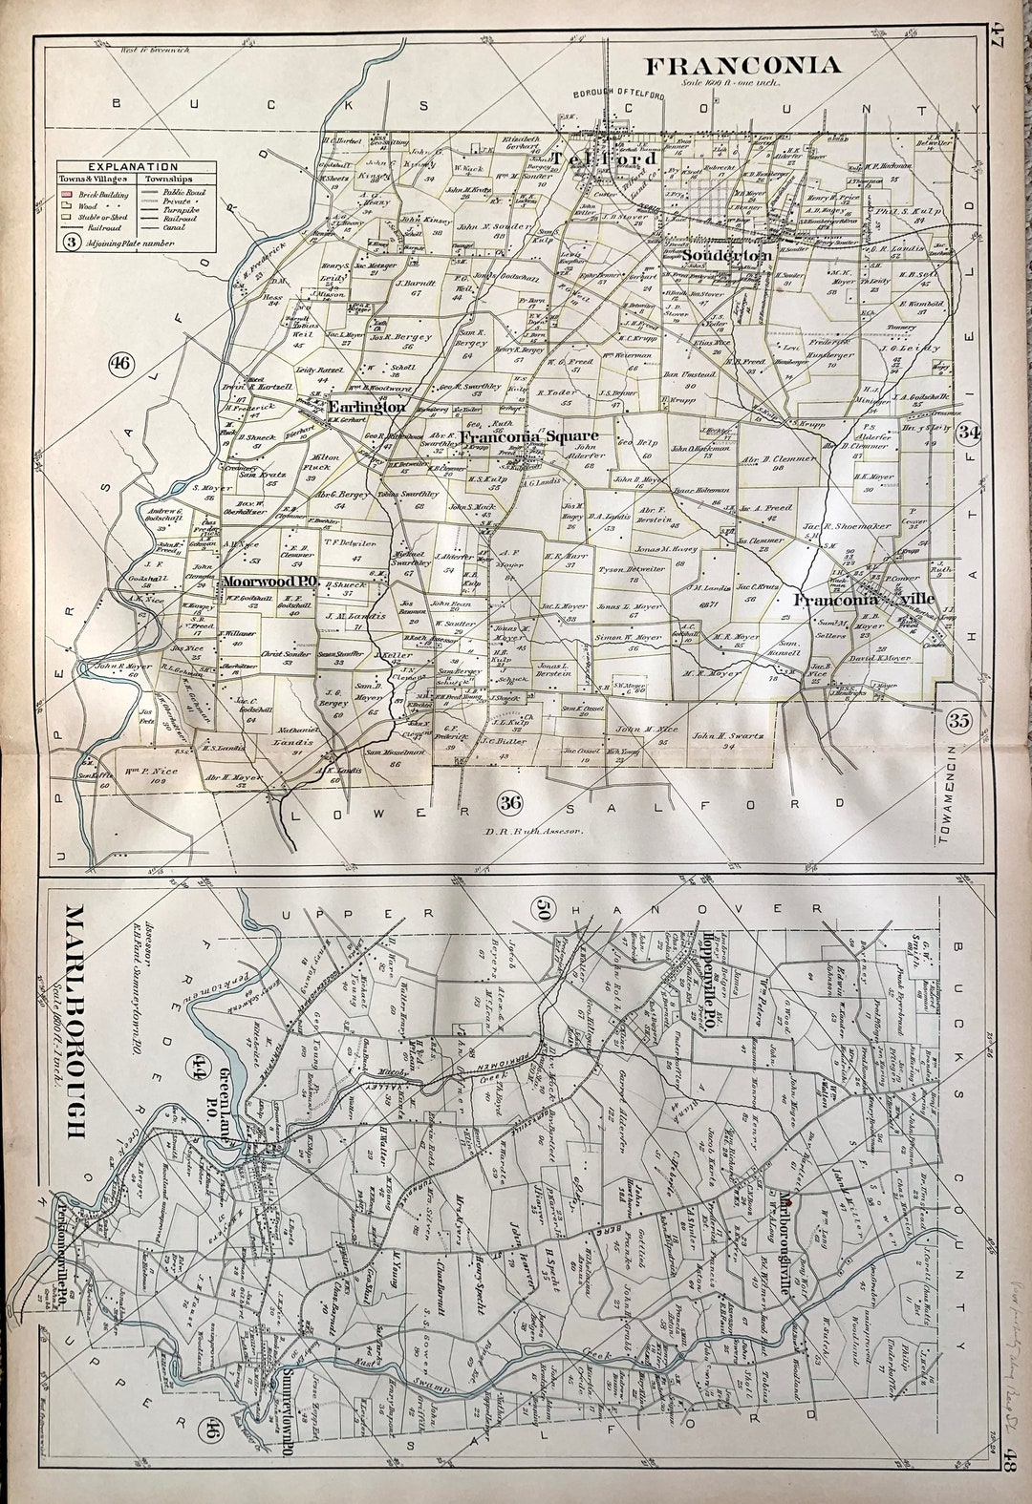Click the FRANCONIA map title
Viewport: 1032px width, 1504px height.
[x=743, y=65]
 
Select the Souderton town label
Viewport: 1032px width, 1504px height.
[x=729, y=256]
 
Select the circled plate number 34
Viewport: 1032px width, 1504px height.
[x=971, y=432]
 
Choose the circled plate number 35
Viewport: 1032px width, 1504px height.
[x=959, y=722]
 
